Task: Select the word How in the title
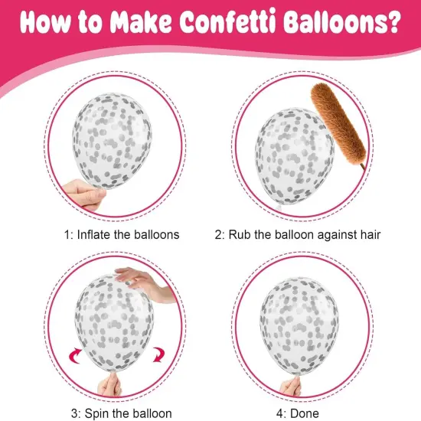47,23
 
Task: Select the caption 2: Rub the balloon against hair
305,233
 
